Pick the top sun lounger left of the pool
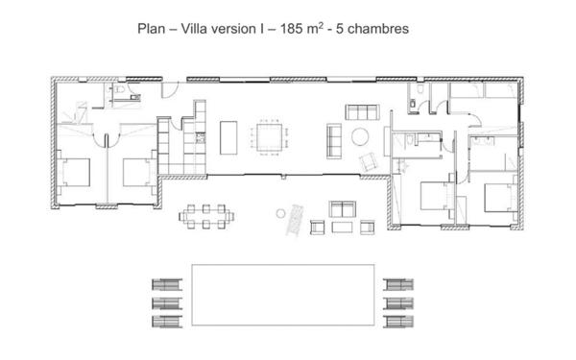pos(166,283)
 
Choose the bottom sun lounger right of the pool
pos(396,321)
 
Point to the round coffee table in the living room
pos(362,136)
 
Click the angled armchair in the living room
pos(366,159)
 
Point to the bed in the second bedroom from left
pos(137,173)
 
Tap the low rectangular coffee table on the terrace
pos(343,228)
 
